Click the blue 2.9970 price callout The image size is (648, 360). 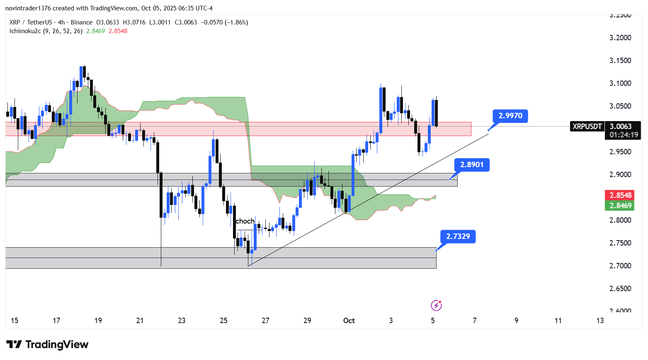[510, 116]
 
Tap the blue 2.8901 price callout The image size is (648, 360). [472, 165]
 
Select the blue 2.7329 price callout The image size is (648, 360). [458, 236]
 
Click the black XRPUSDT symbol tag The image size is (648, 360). [587, 126]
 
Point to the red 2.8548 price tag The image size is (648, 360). [620, 195]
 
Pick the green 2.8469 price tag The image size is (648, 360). [620, 205]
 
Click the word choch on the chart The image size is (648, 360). [245, 221]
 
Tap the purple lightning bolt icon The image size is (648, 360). [436, 306]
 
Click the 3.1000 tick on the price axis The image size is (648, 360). [620, 83]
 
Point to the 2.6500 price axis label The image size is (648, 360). [620, 289]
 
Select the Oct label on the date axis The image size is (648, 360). [349, 321]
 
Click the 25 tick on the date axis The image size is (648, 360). [223, 321]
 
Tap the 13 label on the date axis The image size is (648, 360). [600, 321]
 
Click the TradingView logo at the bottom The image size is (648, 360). [48, 345]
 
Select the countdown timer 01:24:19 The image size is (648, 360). [624, 135]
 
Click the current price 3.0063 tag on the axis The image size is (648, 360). [621, 126]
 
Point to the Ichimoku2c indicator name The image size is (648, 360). [25, 31]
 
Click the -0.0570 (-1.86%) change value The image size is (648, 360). [224, 22]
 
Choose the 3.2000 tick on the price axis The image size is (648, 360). [620, 38]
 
